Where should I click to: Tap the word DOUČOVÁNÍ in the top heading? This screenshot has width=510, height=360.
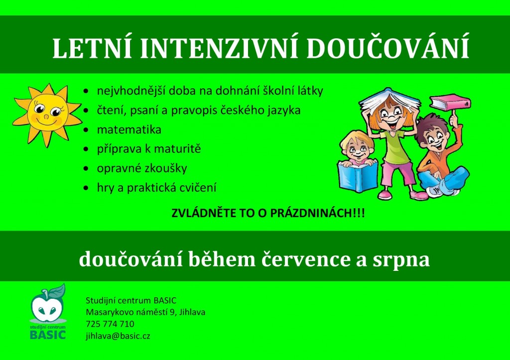pos(388,49)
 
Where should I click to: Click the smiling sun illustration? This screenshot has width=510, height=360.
pos(45,114)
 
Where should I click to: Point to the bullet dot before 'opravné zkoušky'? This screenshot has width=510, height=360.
pos(87,169)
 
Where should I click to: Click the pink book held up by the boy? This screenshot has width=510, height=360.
pos(450,102)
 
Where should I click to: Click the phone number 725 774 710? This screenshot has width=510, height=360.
pos(110,324)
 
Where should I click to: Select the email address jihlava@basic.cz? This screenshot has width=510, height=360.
pos(118,335)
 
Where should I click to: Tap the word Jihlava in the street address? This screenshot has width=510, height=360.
pos(190,312)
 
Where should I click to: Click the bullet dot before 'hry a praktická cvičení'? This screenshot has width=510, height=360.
pos(87,188)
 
